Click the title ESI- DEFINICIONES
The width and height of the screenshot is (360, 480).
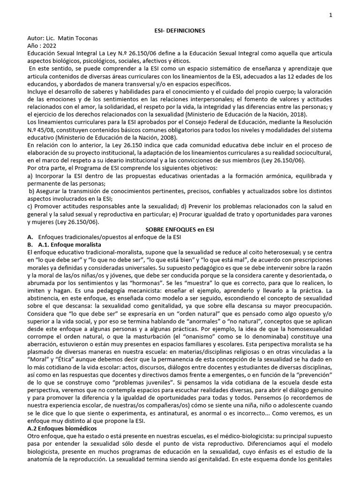point(180,30)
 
